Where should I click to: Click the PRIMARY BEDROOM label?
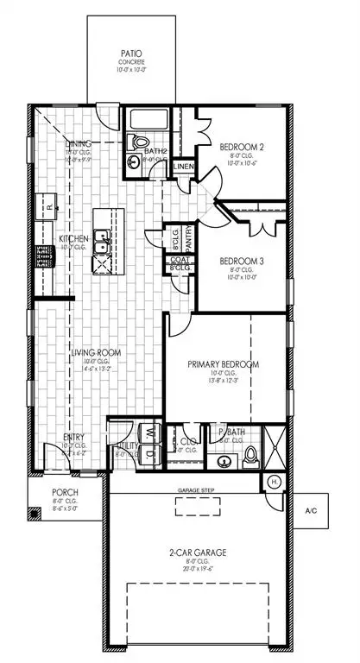(x=224, y=363)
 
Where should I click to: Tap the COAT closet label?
(x=179, y=260)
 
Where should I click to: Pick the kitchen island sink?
(x=102, y=234)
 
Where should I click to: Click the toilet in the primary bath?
(x=251, y=455)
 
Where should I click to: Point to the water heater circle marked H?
(x=274, y=481)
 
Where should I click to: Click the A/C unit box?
(x=312, y=511)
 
